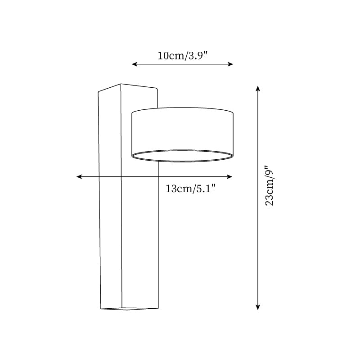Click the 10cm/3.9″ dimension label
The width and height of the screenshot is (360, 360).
[182, 56]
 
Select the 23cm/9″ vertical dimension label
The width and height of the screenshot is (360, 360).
[269, 186]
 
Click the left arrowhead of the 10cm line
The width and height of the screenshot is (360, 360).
[134, 64]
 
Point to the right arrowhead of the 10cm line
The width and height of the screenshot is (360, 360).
[231, 64]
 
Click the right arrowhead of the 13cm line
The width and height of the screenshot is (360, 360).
[230, 177]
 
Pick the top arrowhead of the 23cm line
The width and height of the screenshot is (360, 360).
[258, 88]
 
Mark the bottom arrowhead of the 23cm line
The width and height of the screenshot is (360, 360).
[258, 307]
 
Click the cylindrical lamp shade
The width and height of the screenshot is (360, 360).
[182, 130]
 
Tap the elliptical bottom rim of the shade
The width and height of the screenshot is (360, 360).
[182, 156]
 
